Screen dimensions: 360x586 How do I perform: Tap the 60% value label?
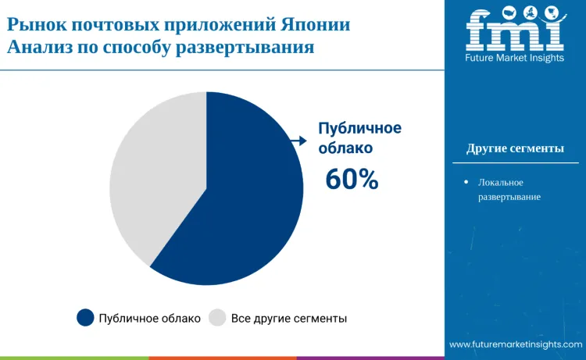point(352,180)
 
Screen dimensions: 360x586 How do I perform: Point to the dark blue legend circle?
point(86,318)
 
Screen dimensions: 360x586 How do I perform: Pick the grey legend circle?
point(218,318)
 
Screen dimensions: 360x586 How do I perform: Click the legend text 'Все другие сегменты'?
point(289,319)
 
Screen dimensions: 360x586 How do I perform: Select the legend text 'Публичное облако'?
point(150,319)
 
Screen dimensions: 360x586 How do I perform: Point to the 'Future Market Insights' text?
point(515,59)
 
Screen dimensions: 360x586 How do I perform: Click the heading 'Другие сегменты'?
point(515,148)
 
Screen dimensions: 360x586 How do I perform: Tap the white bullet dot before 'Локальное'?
point(466,181)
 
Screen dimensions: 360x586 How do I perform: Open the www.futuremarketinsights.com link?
point(516,344)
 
